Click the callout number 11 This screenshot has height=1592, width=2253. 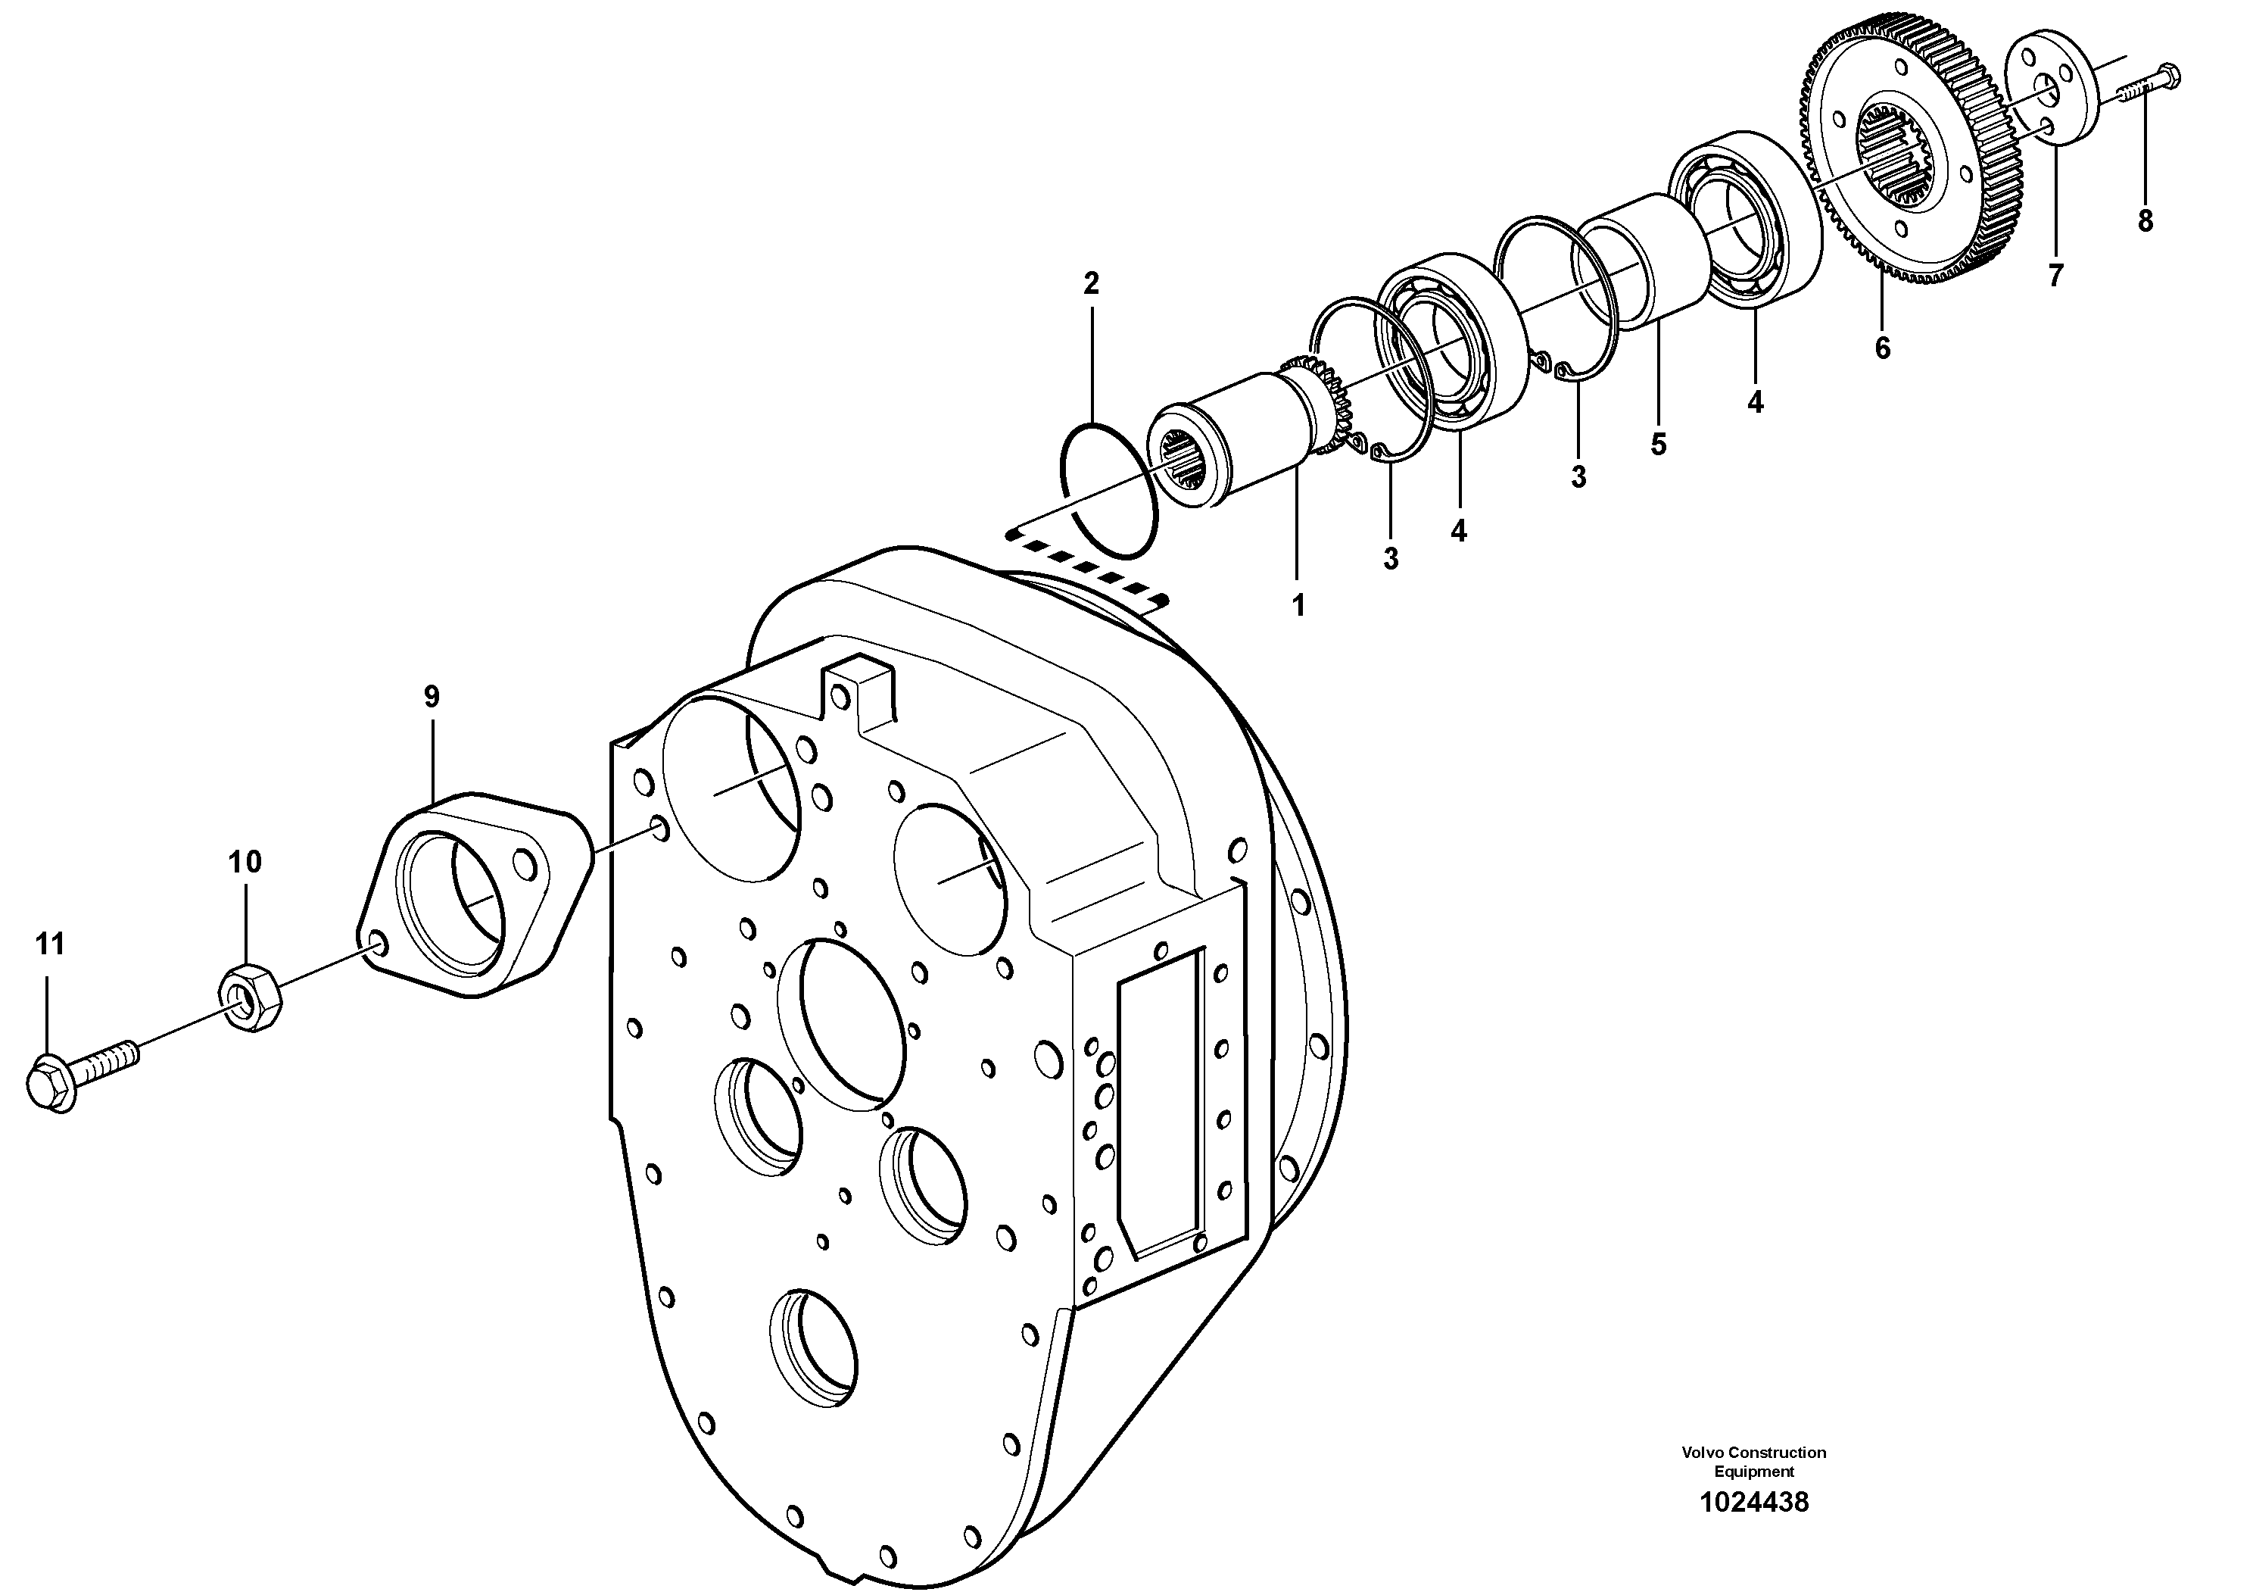[x=50, y=945]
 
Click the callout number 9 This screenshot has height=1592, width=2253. [x=432, y=697]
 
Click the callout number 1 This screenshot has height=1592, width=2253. [x=1298, y=606]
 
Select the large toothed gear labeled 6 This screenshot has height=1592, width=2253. [x=1904, y=167]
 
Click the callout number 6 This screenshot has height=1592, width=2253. [x=1882, y=348]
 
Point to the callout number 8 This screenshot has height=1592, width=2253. [x=2145, y=222]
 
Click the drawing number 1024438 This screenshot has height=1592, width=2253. [x=1753, y=1529]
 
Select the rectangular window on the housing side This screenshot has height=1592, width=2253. [x=1160, y=1102]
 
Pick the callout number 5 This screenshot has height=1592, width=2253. [x=1659, y=445]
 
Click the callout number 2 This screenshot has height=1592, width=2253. [x=1091, y=284]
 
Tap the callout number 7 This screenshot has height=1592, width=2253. [x=2055, y=276]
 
